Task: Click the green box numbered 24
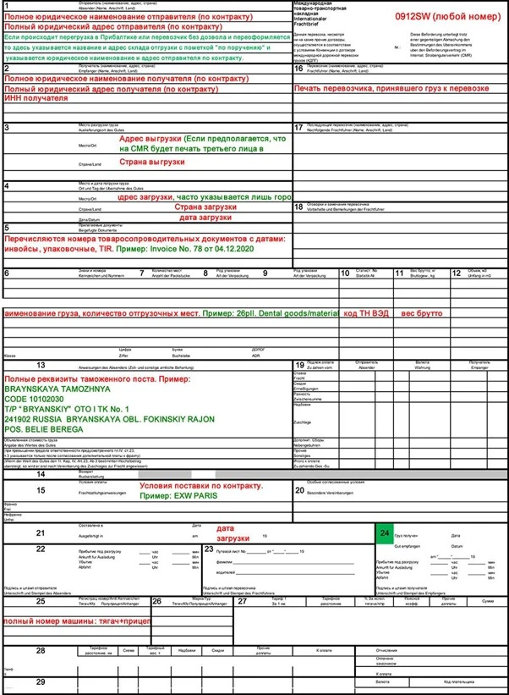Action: [x=385, y=535]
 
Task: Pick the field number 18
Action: [x=299, y=207]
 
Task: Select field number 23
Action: [x=209, y=549]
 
